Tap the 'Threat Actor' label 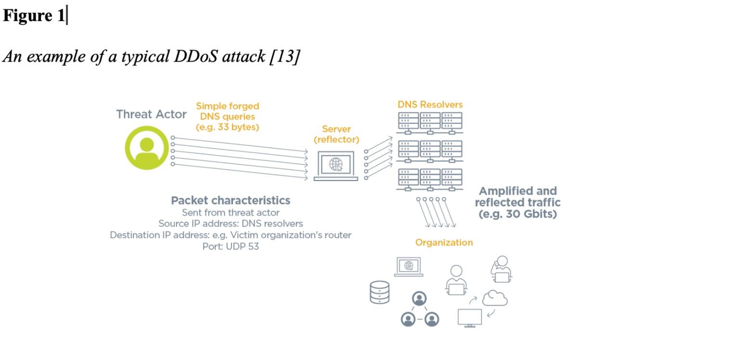(151, 115)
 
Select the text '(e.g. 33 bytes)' (227, 128)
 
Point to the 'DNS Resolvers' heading (430, 104)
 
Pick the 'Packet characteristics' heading (230, 200)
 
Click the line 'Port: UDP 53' (230, 247)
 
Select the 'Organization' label (444, 243)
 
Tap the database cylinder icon (380, 292)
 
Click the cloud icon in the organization (495, 299)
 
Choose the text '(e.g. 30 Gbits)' (517, 214)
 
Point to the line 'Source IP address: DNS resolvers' (230, 224)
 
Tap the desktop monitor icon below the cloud (470, 318)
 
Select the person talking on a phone (501, 269)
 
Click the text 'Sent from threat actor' (230, 212)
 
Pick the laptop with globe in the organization (408, 267)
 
